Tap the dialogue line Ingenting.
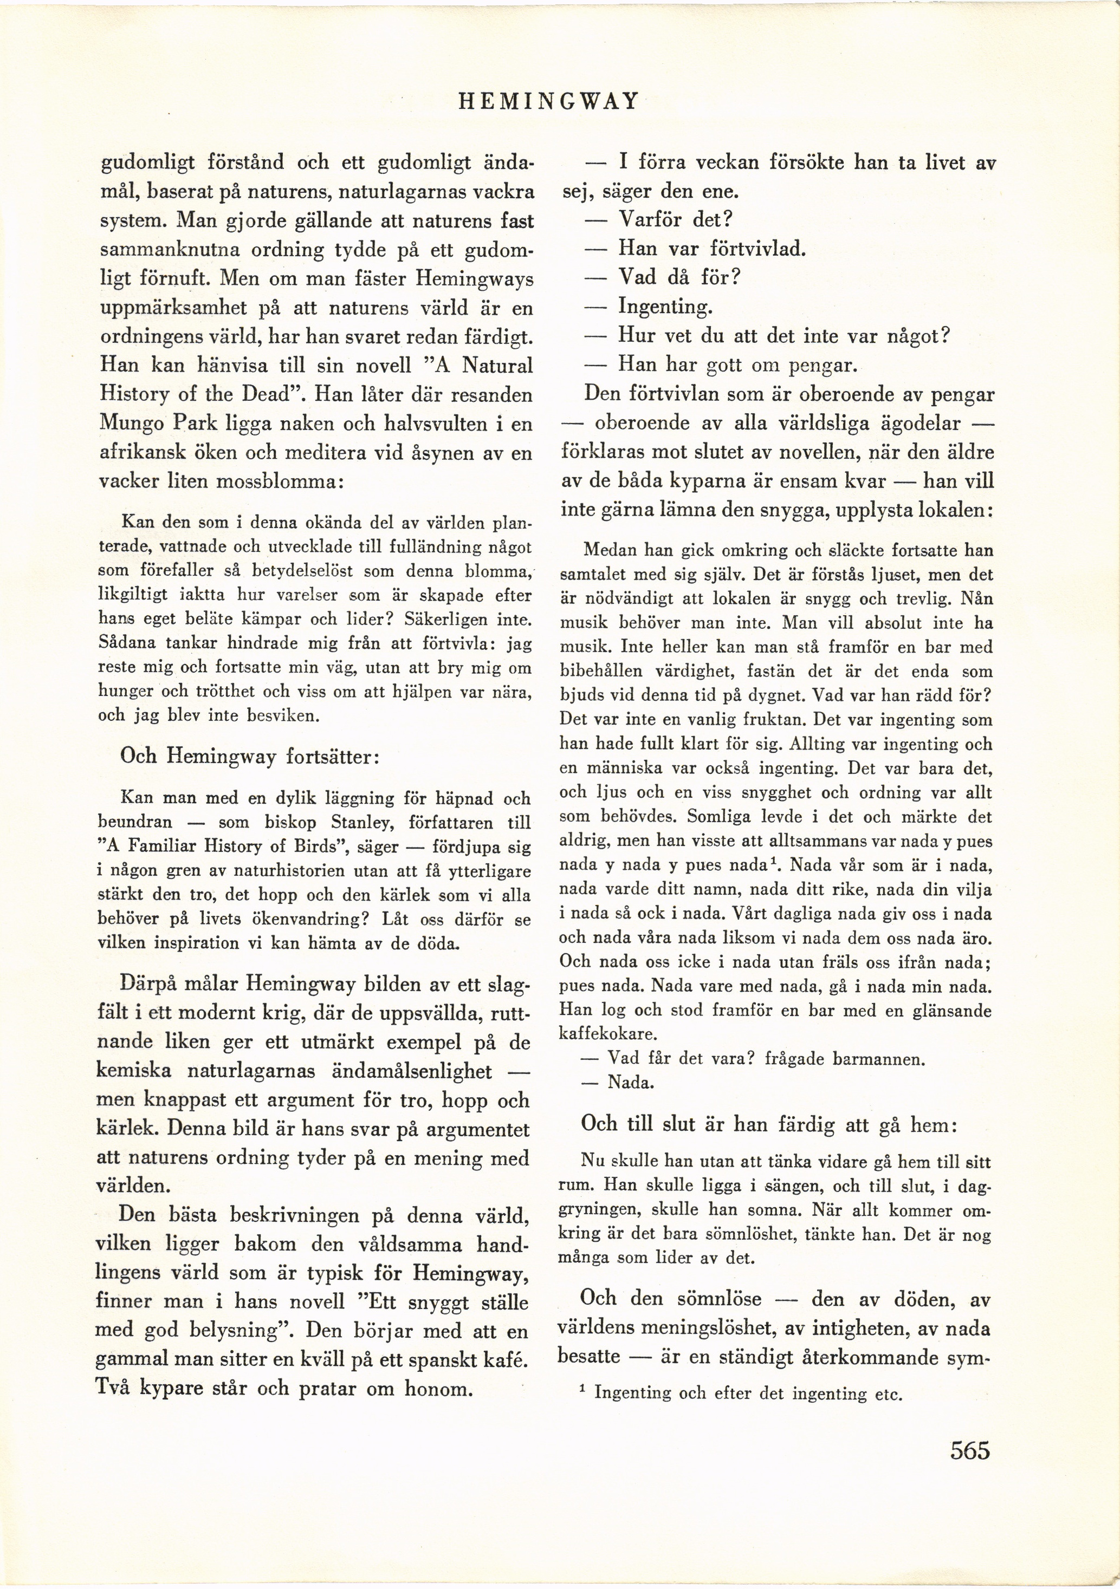pyautogui.click(x=664, y=307)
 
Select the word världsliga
pyautogui.click(x=808, y=424)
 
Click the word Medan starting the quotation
pyautogui.click(x=606, y=551)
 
